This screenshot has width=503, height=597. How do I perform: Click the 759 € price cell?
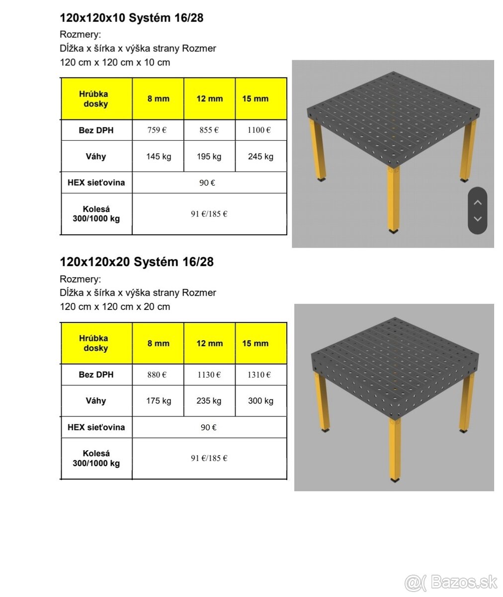(157, 130)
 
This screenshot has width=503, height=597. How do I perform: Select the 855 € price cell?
(209, 130)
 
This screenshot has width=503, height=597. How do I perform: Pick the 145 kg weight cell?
(159, 157)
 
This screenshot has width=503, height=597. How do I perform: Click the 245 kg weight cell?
(260, 157)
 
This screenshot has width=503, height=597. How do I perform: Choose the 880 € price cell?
(157, 375)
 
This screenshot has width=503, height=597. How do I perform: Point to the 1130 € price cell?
(209, 375)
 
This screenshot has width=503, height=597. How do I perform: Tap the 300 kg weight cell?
(260, 401)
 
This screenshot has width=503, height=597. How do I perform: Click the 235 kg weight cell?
(209, 401)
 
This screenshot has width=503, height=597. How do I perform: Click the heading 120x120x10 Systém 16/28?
(132, 18)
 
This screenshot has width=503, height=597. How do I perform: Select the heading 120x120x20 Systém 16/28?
(137, 262)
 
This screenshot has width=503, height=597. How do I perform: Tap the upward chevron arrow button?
(478, 202)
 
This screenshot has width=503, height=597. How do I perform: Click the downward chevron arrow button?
(478, 219)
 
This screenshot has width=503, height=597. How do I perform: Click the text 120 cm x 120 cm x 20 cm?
(115, 307)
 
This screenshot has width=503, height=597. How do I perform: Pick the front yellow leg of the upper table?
(393, 199)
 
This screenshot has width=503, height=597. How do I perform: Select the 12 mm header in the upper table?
(210, 99)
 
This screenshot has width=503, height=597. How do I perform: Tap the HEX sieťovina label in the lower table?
(96, 427)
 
